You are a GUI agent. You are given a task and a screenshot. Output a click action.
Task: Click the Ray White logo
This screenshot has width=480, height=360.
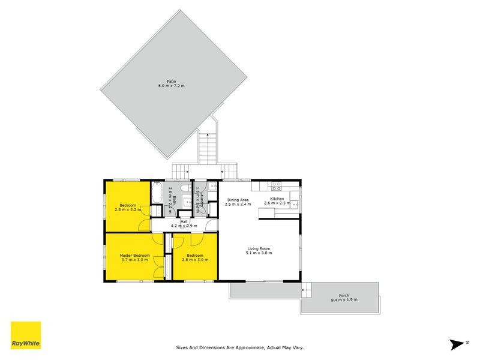click(x=26, y=335)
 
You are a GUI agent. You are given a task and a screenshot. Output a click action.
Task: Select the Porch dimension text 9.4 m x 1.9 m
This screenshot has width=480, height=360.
click(x=340, y=300)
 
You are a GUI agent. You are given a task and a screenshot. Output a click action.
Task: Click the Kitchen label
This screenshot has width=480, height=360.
click(x=277, y=199)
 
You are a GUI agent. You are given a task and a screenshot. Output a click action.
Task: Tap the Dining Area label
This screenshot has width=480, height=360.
click(x=237, y=200)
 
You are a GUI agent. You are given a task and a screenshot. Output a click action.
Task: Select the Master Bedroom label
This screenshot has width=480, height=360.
click(x=133, y=256)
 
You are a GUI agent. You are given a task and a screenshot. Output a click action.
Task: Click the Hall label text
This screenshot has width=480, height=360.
click(x=184, y=221)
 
